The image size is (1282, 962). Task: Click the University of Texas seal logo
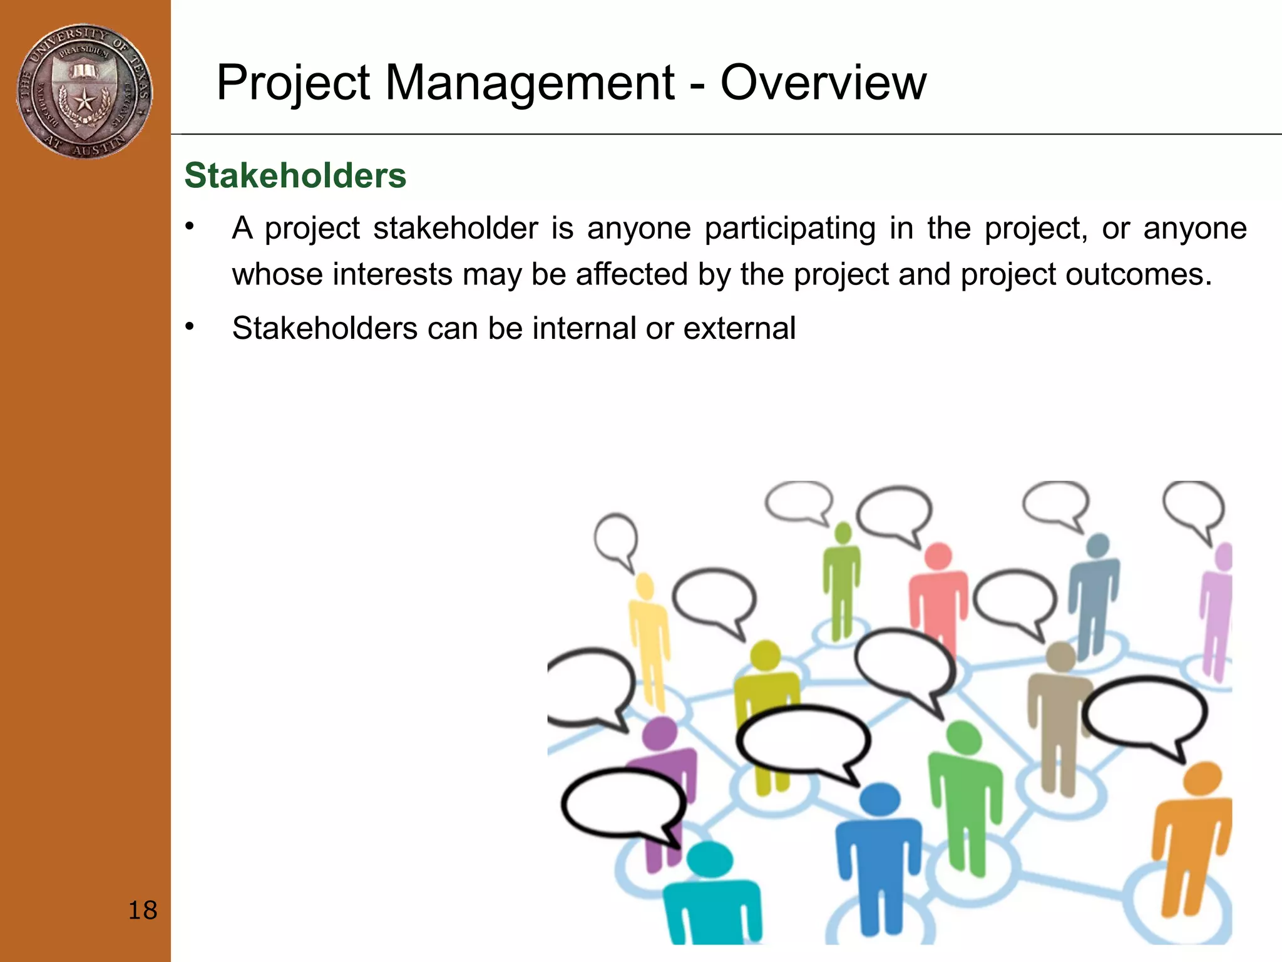(x=84, y=91)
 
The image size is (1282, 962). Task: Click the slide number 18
(x=142, y=910)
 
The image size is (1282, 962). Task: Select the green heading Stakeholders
(x=295, y=175)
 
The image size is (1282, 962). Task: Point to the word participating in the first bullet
(x=789, y=228)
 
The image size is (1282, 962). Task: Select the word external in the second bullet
(x=739, y=328)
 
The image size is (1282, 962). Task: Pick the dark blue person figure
(x=879, y=858)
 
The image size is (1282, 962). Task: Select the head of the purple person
(x=660, y=733)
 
